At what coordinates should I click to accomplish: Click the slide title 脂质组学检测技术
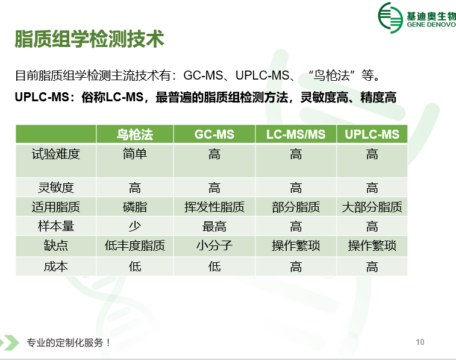coord(89,39)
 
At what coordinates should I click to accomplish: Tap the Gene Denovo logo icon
coord(390,17)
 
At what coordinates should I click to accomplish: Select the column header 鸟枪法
coord(135,134)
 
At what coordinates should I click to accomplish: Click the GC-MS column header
coord(214,134)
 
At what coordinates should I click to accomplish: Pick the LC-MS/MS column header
coord(296,134)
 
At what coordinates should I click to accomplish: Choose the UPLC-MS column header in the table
coord(372,134)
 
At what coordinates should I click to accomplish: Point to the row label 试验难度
coord(56,154)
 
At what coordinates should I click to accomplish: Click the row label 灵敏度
coord(56,188)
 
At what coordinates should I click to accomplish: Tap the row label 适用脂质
coord(56,207)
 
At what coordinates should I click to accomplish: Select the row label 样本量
coord(56,226)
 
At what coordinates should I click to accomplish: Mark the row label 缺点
coord(56,245)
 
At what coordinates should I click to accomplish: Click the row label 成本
coord(56,267)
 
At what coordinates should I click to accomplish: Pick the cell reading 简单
coord(135,154)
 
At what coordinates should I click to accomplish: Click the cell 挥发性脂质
coord(214,207)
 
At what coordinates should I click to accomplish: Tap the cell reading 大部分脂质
coord(372,207)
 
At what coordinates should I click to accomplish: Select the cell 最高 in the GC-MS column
coord(214,226)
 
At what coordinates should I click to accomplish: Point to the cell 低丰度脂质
coord(135,245)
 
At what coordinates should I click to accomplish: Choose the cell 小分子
coord(214,245)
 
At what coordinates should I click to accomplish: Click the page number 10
coord(420,342)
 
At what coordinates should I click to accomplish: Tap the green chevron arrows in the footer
coord(8,343)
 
